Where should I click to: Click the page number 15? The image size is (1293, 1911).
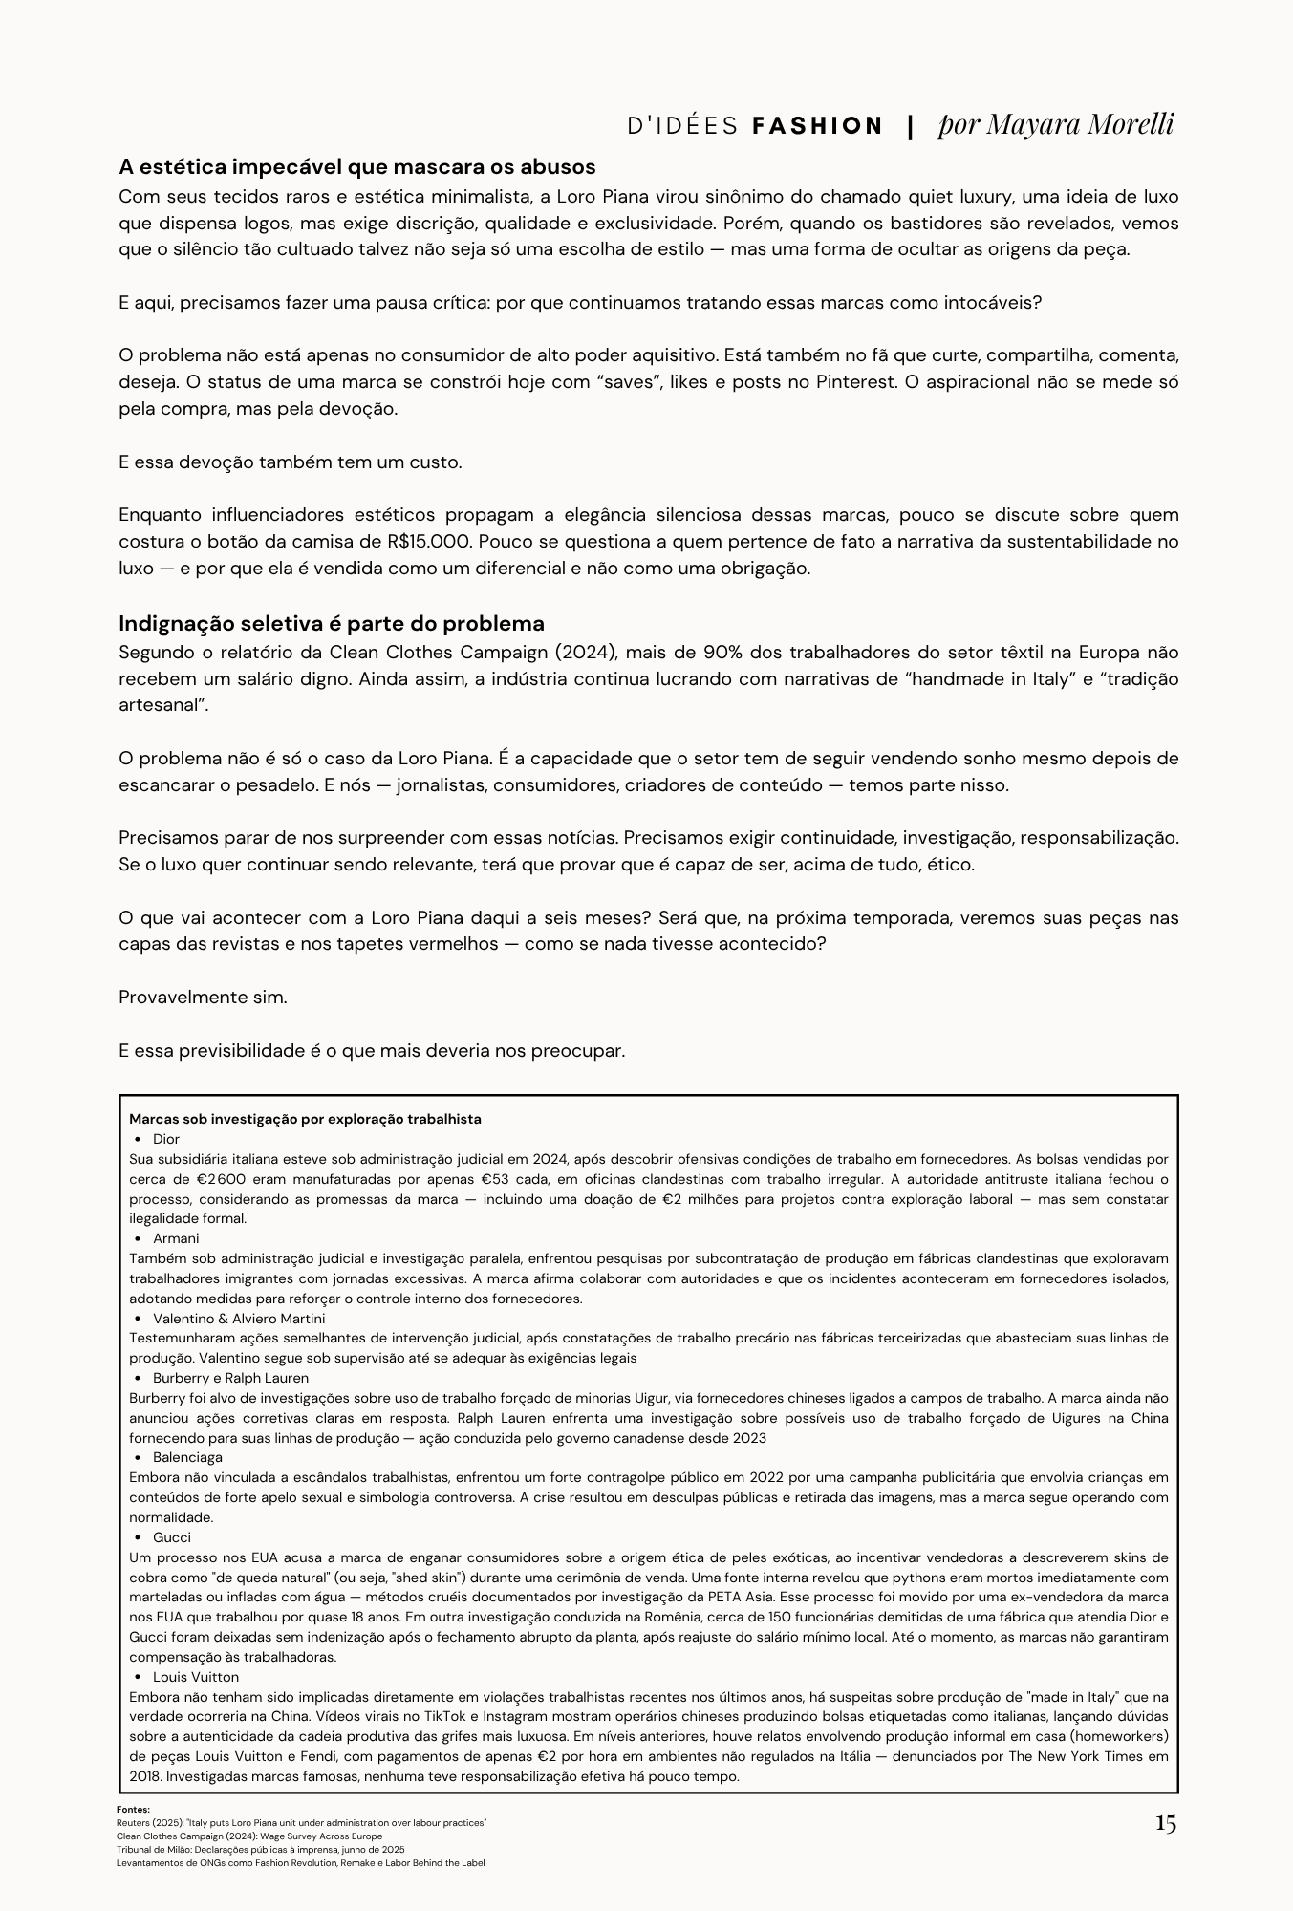[x=1165, y=1823]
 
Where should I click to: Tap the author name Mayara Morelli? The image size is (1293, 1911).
[x=1056, y=124]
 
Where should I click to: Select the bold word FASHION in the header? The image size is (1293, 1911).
[x=818, y=126]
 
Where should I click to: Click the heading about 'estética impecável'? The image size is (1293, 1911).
[x=356, y=167]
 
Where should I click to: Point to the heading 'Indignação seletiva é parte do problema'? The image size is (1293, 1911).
[x=331, y=624]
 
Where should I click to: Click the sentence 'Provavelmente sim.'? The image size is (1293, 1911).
[x=203, y=998]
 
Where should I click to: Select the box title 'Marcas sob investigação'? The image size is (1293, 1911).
[x=305, y=1119]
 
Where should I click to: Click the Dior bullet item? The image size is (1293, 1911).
[x=165, y=1139]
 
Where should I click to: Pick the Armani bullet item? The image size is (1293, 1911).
[x=176, y=1238]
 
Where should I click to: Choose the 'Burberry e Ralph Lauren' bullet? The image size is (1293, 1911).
[x=230, y=1378]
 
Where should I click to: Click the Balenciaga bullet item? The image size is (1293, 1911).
[x=187, y=1457]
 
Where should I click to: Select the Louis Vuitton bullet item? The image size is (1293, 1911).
[x=195, y=1677]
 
